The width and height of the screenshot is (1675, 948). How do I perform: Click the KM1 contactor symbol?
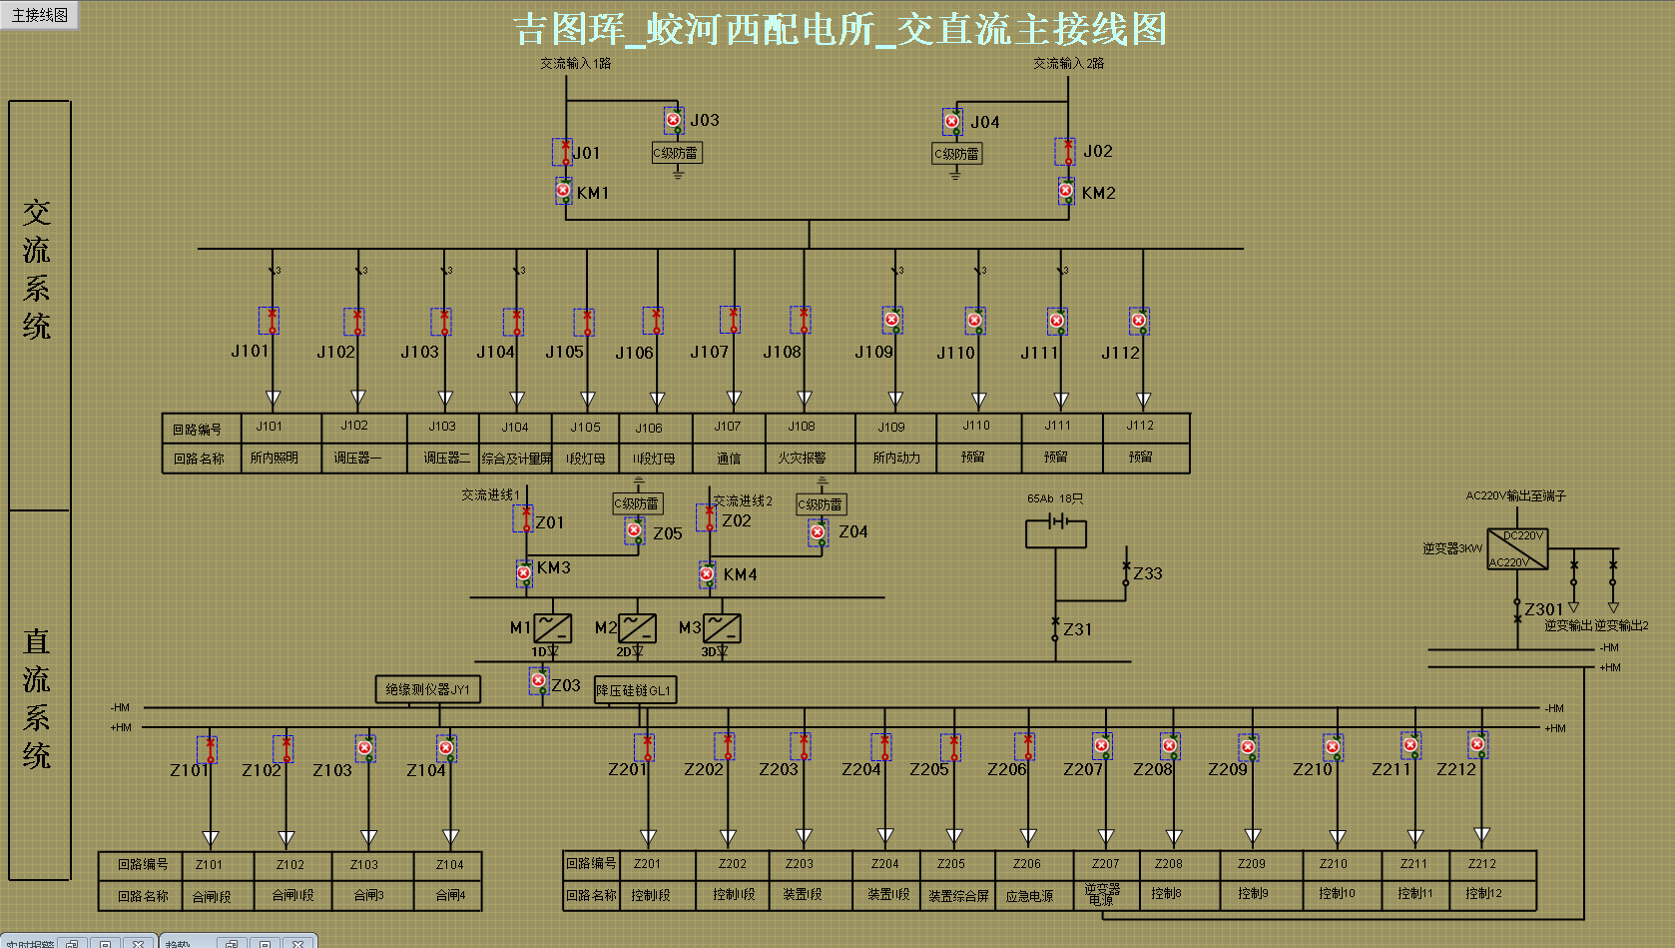click(564, 191)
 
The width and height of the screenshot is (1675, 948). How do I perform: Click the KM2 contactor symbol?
click(1066, 191)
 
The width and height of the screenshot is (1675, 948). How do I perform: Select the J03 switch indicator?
click(674, 121)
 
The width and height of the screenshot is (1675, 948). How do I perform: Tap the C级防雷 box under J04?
click(957, 154)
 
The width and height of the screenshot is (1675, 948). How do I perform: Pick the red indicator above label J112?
click(1138, 321)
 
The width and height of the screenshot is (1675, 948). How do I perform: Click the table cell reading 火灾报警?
click(802, 458)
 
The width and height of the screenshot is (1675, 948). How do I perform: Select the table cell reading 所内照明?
click(275, 458)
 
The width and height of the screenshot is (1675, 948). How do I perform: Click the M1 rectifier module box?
click(552, 628)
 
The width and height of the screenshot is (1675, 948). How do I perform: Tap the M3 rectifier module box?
click(722, 628)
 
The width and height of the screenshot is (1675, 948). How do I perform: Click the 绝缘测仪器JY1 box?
click(427, 689)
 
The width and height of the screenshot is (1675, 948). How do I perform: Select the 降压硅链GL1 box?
click(635, 690)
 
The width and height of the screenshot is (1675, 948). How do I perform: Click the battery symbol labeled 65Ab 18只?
click(1056, 522)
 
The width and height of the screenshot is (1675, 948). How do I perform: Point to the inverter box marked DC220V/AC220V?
click(1517, 549)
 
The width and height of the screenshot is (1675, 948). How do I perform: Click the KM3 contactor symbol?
click(524, 573)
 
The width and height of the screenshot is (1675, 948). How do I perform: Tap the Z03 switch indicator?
click(539, 681)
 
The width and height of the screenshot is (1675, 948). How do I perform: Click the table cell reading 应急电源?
click(1029, 896)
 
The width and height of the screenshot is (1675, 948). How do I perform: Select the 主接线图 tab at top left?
click(40, 15)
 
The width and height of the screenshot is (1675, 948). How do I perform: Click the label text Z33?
click(1148, 573)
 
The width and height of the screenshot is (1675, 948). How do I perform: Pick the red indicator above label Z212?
click(1477, 744)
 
